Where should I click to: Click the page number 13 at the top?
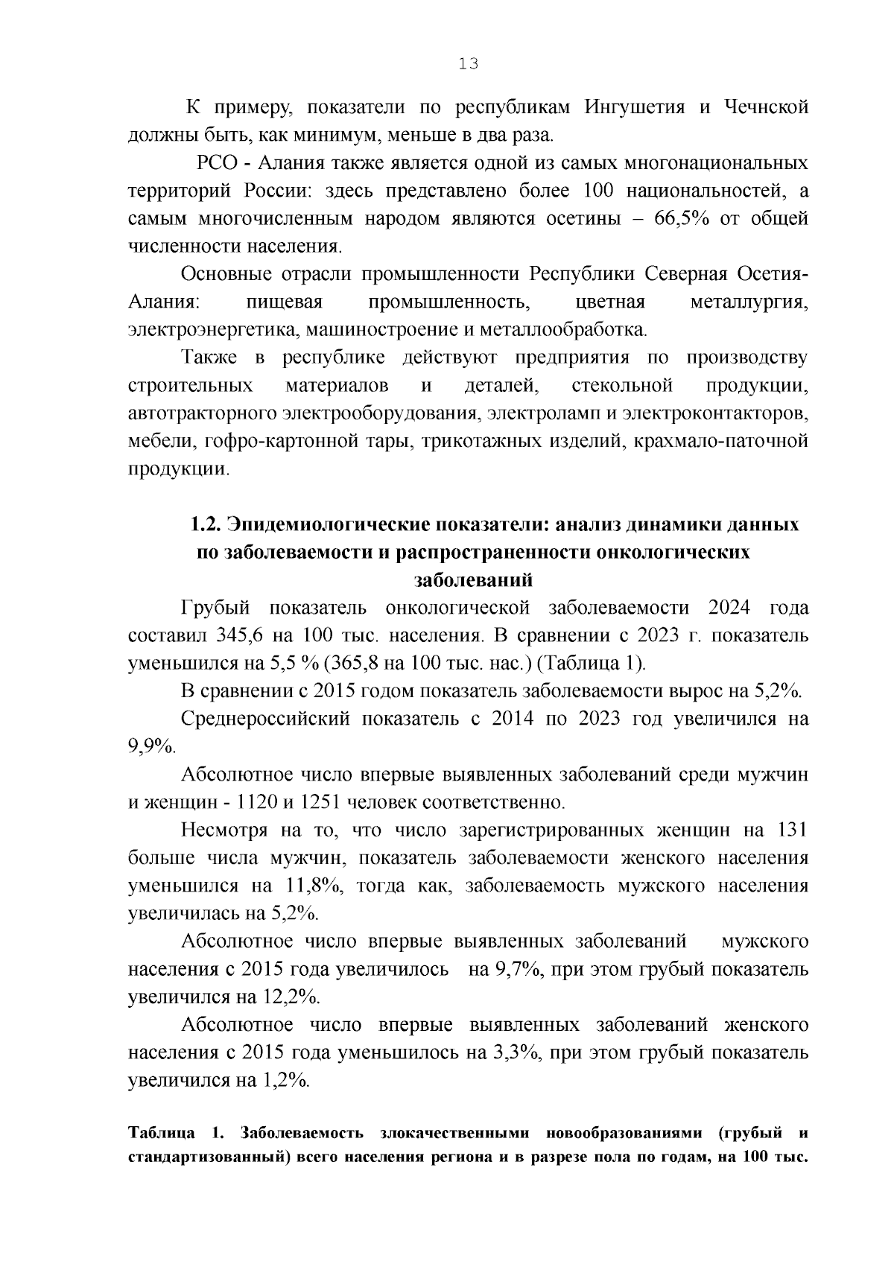pyautogui.click(x=468, y=64)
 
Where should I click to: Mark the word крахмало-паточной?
pyautogui.click(x=720, y=442)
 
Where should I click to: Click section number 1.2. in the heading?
pyautogui.click(x=203, y=524)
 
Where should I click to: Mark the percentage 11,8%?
pyautogui.click(x=311, y=886)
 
